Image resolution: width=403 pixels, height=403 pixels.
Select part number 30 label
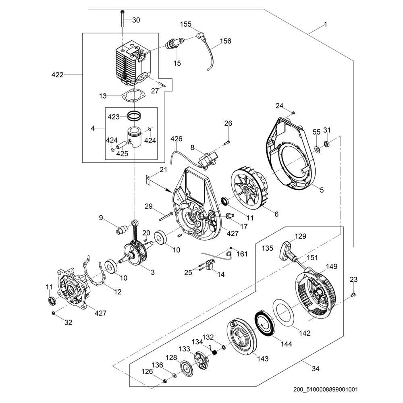point(136,20)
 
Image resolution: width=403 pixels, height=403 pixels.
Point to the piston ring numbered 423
point(136,116)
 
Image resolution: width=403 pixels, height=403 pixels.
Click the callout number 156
point(225,41)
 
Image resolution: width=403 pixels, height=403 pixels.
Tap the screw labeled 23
point(353,295)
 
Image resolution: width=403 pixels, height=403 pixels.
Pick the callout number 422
point(58,75)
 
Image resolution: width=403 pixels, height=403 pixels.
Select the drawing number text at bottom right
point(325,390)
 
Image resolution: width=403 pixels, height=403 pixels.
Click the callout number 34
point(316,368)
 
